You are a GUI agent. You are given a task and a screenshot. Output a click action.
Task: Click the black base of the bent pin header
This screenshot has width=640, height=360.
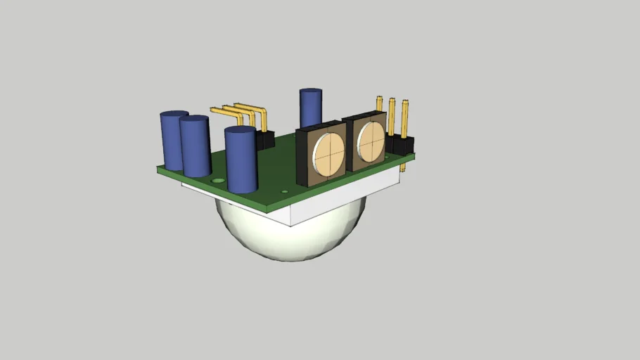point(265,139)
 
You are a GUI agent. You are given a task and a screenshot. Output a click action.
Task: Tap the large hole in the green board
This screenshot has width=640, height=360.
point(219,181)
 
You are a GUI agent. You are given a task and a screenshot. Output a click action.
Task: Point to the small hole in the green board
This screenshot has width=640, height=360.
point(284,191)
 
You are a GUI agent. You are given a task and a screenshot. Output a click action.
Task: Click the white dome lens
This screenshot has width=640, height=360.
point(288,236)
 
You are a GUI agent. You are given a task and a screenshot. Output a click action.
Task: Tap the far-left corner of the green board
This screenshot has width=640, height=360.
point(159,168)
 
